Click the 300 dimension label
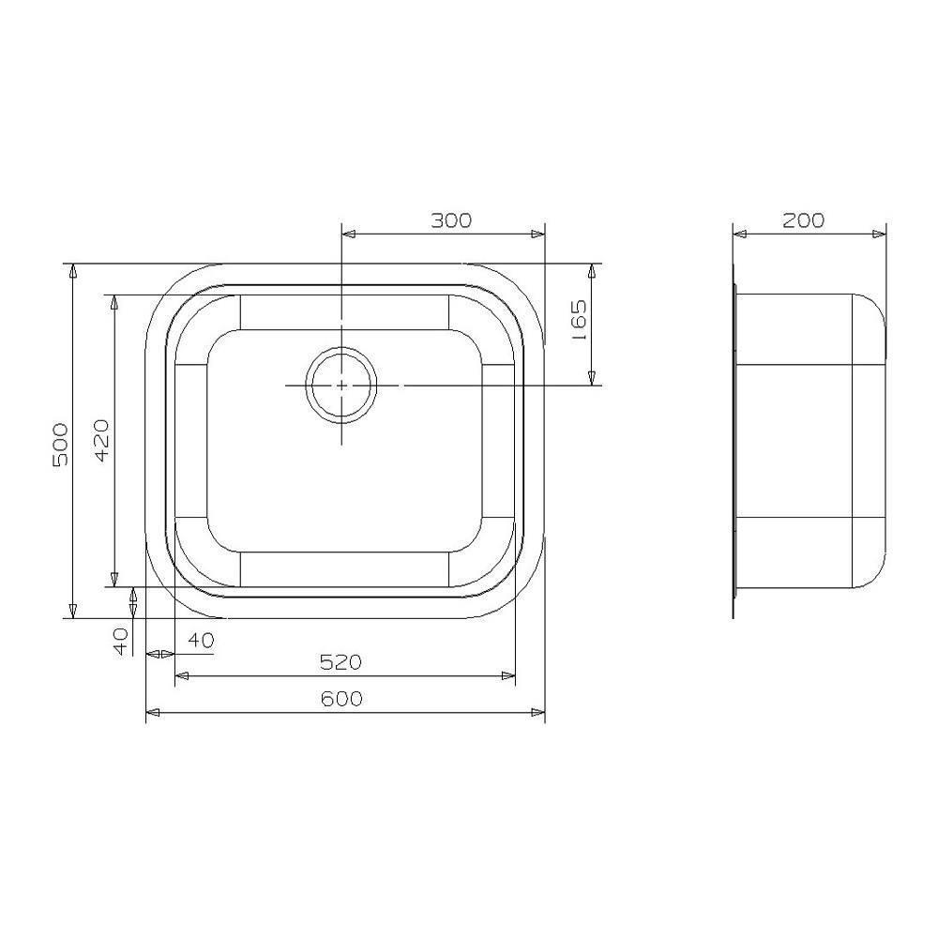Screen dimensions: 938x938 (x=451, y=220)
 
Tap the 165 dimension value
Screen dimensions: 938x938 (x=579, y=321)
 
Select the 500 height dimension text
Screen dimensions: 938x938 (x=60, y=445)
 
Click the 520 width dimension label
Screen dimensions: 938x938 (x=341, y=662)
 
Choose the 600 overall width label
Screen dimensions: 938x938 (x=341, y=699)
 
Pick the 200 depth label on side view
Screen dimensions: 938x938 (x=804, y=220)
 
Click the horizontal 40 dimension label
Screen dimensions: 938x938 (x=201, y=640)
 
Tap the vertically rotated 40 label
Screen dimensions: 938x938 (x=121, y=642)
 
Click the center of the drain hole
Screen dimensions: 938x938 (x=341, y=386)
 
